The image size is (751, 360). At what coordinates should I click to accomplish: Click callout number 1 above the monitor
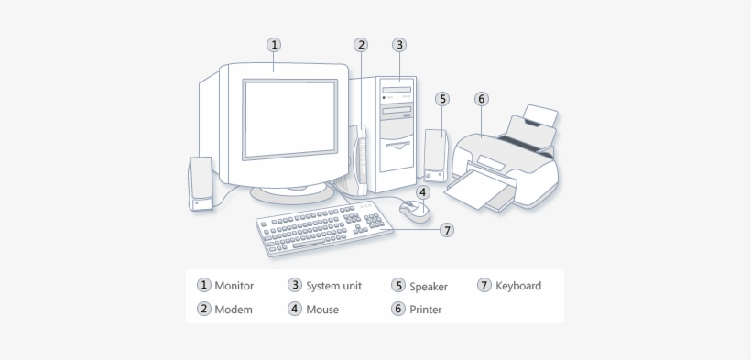coord(274,44)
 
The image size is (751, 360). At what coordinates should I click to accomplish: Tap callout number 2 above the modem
coord(362,44)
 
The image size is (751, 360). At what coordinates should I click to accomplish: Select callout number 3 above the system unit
coord(400,44)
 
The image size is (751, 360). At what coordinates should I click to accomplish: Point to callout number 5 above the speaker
coord(442,98)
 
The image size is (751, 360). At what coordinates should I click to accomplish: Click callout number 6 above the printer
coord(482,98)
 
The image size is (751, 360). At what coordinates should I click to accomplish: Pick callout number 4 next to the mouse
coord(422,191)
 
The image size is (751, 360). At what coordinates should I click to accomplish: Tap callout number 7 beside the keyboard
coord(447,230)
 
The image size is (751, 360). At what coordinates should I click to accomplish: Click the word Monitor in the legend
coord(234,286)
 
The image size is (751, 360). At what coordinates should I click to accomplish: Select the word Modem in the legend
coord(233,310)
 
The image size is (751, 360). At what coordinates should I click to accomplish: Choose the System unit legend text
coord(333,286)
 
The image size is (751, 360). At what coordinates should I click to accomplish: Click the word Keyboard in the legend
coord(518,286)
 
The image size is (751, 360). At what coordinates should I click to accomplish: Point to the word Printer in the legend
coord(426,310)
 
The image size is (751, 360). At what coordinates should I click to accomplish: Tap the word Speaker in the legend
coord(429,286)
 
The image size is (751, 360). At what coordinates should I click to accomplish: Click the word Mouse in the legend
coord(322,310)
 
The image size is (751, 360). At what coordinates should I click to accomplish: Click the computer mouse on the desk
coord(414,212)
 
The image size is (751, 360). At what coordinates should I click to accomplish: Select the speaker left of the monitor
coord(200,184)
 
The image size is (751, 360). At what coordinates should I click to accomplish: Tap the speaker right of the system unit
coord(434,154)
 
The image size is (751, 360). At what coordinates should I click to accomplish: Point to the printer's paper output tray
coord(480,192)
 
